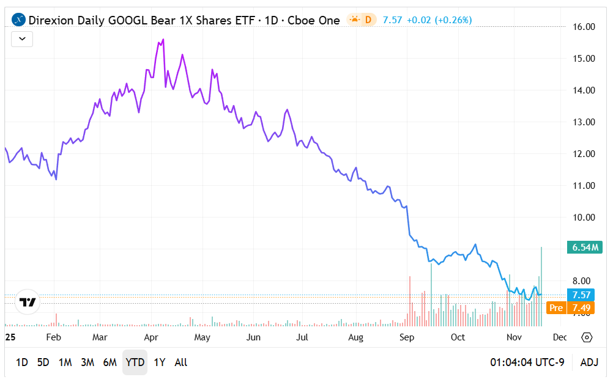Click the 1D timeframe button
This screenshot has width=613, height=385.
pos(21,362)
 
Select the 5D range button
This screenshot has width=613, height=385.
pos(43,362)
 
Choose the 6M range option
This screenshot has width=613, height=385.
pos(110,362)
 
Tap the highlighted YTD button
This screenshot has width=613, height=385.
pos(135,362)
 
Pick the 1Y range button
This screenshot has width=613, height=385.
pos(160,362)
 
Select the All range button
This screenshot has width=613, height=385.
pos(181,362)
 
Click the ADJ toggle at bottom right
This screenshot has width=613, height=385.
pos(589,362)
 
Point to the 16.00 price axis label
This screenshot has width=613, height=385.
pos(581,27)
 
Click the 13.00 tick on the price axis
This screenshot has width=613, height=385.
pos(581,122)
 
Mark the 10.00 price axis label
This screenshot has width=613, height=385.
pos(581,218)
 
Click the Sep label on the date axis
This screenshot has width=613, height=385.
pos(406,337)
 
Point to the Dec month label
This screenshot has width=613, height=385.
pos(559,337)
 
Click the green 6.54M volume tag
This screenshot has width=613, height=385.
pos(585,248)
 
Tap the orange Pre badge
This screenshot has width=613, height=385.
pos(555,308)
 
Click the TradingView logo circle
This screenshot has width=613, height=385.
pos(28,302)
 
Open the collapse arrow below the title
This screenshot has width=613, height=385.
pos(22,39)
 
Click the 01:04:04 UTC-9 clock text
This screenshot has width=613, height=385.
pos(527,362)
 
